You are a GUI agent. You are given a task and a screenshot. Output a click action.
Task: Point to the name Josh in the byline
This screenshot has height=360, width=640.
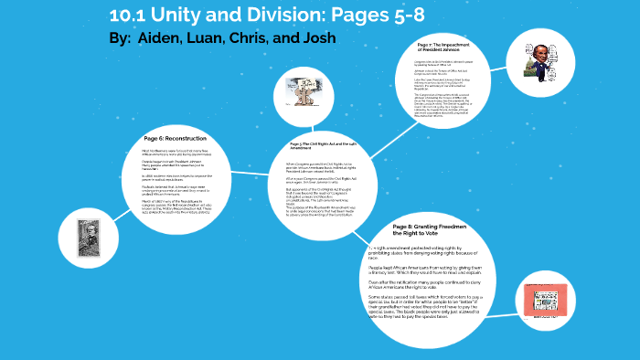tap(316, 38)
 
